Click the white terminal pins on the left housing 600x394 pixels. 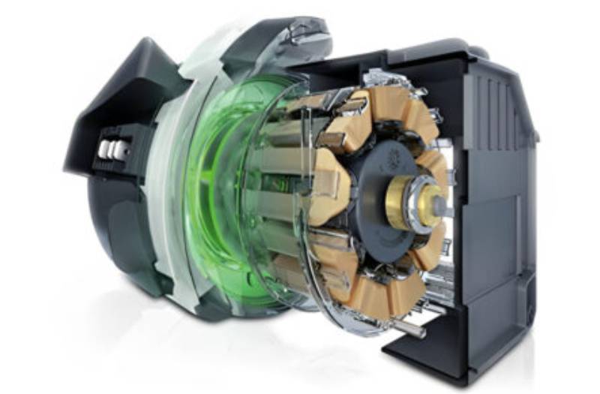pyautogui.click(x=110, y=149)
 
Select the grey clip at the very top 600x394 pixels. pyautogui.click(x=307, y=30)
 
